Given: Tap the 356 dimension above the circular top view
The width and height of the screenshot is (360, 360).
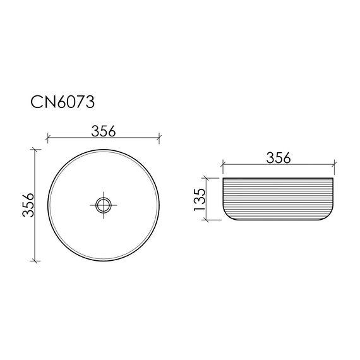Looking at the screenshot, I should coord(104,131).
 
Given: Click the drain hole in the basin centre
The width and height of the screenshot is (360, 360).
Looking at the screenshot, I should coord(104,204).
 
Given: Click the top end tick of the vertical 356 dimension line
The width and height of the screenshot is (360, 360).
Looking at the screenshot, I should coord(35,149).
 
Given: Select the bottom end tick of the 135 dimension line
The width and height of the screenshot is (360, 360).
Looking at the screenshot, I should coord(207,220).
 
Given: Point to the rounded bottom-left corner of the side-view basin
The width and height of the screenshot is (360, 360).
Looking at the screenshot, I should coord(226,217).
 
